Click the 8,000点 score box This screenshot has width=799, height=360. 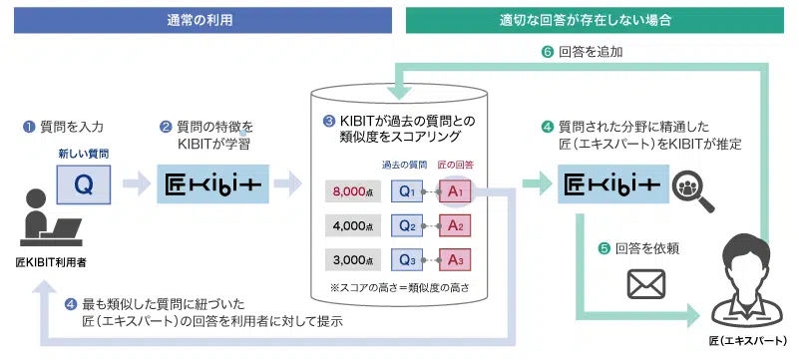(353, 190)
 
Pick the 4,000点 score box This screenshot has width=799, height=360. (353, 226)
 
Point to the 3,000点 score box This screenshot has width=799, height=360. (353, 261)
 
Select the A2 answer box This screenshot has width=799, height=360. (455, 226)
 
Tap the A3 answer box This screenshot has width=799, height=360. (455, 261)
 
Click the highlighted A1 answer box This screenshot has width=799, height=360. (455, 190)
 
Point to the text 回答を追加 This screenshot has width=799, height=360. (592, 51)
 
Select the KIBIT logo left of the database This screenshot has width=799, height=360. (213, 184)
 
